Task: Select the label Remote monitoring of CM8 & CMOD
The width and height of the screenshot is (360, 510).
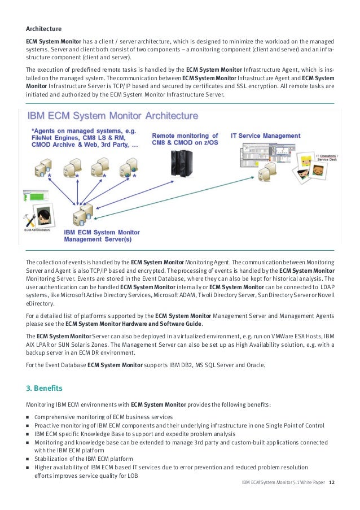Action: coord(185,140)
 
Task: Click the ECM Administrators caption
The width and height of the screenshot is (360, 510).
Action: coord(37,230)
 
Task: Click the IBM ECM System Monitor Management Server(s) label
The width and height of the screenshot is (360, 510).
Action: coord(102,236)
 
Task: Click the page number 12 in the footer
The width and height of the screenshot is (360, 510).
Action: coord(331,482)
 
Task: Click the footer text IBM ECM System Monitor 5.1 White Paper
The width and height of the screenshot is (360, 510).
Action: coord(283,482)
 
